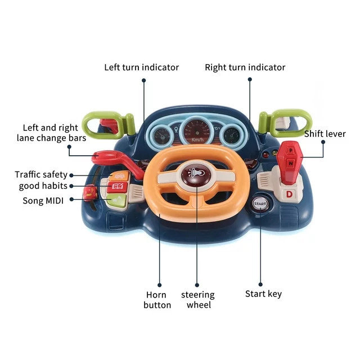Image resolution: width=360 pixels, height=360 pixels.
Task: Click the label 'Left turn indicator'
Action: click(x=141, y=67)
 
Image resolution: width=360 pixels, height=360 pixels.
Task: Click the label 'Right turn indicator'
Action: click(x=245, y=67)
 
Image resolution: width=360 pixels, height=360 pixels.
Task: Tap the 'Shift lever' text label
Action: click(x=325, y=134)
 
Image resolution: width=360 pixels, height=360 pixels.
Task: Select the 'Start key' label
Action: click(x=263, y=294)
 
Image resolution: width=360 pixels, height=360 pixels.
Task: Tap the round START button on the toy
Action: click(x=260, y=204)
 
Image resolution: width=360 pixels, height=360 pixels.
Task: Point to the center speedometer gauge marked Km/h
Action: click(x=197, y=132)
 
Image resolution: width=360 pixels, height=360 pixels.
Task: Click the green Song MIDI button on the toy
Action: click(x=117, y=200)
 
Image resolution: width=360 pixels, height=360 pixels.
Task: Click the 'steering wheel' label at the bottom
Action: click(x=197, y=300)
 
